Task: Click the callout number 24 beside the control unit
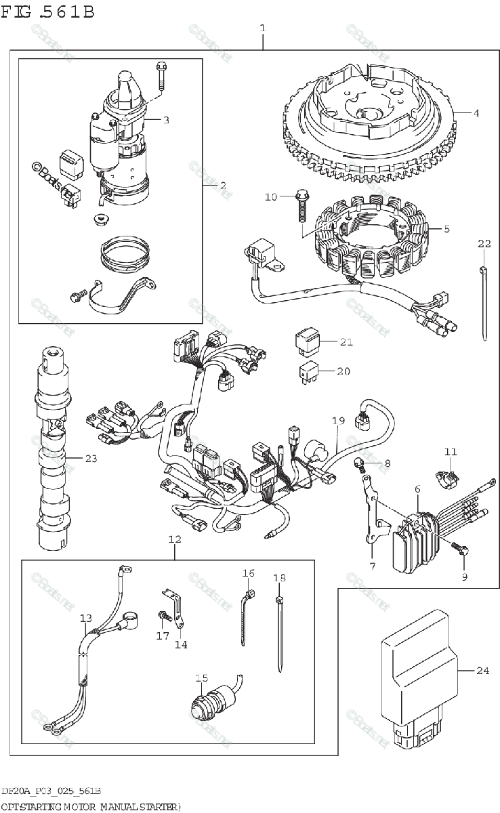pos(482,671)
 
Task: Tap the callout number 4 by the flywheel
pos(476,113)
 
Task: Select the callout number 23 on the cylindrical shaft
pos(91,459)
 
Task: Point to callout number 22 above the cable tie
pos(484,244)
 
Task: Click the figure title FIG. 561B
pos(47,12)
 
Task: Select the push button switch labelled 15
pos(211,702)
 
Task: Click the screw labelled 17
pos(163,615)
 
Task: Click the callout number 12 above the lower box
pos(175,540)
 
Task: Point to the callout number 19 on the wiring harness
pos(338,421)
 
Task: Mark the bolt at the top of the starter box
pos(161,75)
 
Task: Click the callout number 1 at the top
pos(262,28)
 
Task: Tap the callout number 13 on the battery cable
pos(85,618)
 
